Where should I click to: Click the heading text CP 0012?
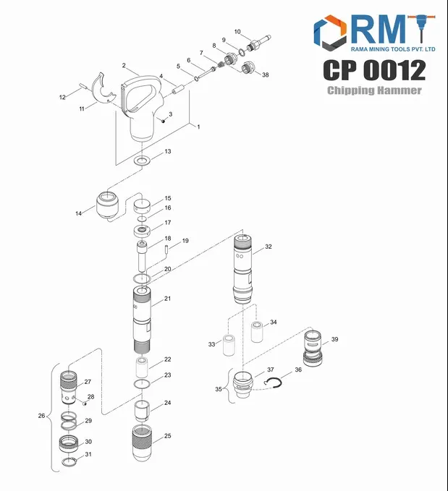click(373, 70)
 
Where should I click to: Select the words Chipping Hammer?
click(373, 90)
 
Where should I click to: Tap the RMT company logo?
click(373, 33)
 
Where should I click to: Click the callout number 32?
click(268, 247)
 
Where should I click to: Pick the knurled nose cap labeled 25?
click(143, 441)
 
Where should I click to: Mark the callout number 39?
click(334, 339)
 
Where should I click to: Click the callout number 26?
click(42, 416)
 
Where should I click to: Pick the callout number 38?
click(266, 75)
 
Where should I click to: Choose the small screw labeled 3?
click(164, 121)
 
